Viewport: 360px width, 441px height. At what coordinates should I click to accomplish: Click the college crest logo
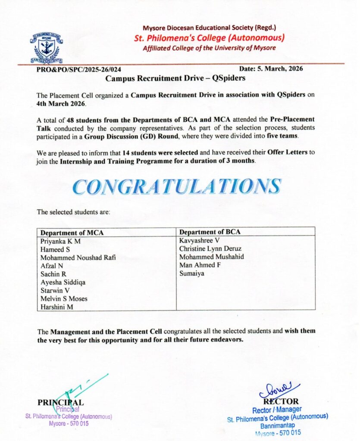(47, 48)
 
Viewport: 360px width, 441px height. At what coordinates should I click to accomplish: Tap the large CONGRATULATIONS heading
(177, 186)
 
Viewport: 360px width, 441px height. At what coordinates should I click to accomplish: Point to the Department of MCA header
(72, 233)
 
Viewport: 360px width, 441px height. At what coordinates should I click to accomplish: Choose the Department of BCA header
(210, 232)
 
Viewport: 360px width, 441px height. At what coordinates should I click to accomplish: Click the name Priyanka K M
(60, 241)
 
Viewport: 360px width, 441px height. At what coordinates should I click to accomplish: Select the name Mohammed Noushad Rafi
(78, 258)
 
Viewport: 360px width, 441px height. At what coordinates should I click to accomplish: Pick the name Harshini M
(57, 307)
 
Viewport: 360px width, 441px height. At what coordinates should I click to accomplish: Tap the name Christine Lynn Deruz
(210, 249)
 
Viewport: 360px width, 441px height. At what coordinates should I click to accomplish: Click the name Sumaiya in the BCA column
(192, 273)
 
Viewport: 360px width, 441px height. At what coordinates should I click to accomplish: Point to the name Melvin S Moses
(64, 298)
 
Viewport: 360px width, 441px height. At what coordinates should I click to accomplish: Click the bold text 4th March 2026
(61, 104)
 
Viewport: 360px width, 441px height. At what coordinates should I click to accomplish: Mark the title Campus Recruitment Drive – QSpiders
(175, 79)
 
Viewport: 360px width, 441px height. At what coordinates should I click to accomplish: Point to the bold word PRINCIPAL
(60, 402)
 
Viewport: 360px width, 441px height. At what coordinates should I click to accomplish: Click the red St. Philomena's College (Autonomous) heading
(210, 38)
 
